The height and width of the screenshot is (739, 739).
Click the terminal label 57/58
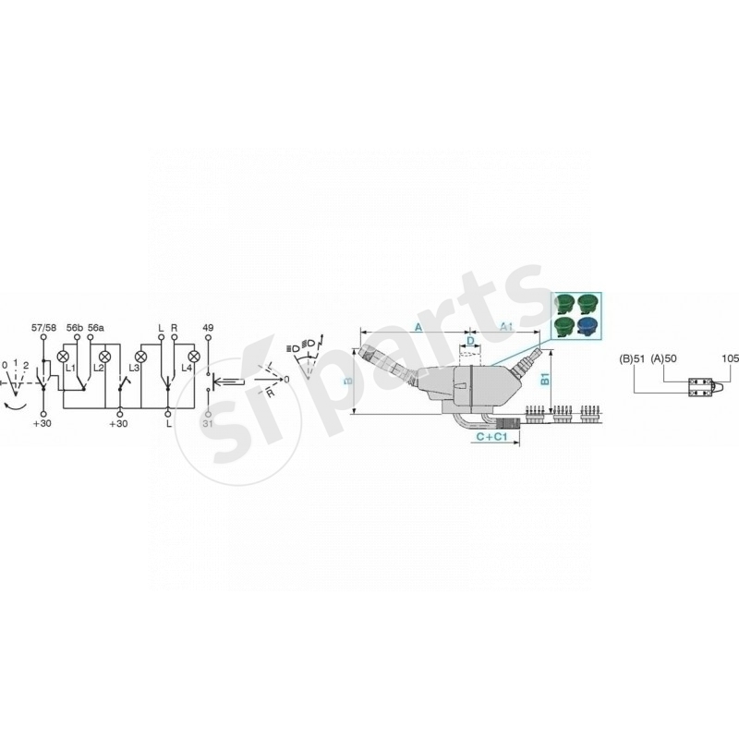42,328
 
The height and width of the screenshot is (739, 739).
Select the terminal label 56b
74,328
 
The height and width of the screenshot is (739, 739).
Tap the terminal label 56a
96,328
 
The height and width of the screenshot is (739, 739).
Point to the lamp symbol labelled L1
64,356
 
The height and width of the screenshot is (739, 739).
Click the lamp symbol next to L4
194,356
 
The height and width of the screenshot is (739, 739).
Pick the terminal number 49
208,328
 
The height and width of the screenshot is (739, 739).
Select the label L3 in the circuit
134,369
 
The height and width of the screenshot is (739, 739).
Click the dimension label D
469,342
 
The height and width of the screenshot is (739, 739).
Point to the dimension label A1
506,328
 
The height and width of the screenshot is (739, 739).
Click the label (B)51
632,357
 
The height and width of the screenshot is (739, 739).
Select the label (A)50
664,357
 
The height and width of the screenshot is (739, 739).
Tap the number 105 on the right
728,357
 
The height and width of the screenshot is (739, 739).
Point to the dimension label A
418,328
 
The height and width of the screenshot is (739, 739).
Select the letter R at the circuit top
175,328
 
